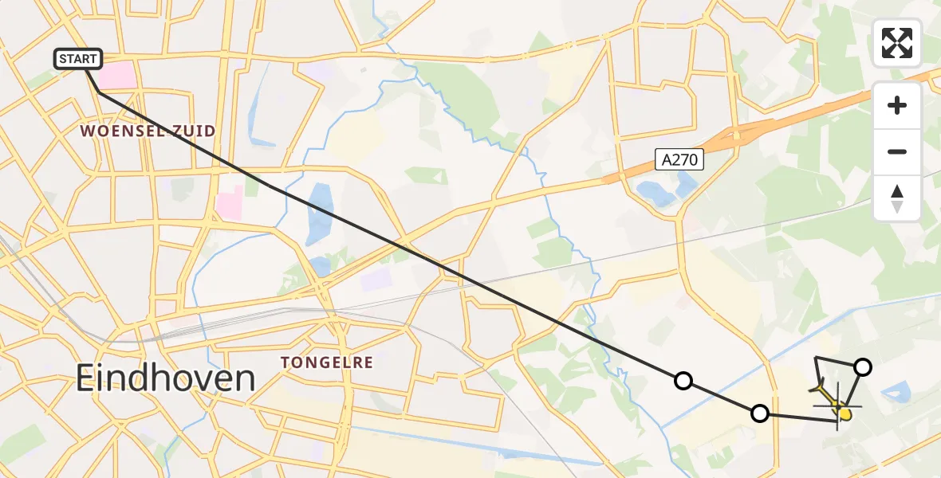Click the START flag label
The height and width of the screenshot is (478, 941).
click(x=78, y=58)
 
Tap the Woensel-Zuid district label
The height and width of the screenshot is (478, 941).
click(x=148, y=131)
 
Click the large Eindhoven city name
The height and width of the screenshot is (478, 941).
click(x=165, y=378)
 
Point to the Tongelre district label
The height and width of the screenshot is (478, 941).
click(x=327, y=362)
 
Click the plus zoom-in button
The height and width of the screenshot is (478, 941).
click(x=897, y=105)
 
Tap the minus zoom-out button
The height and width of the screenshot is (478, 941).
click(x=897, y=151)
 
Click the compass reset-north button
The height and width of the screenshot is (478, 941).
click(x=897, y=198)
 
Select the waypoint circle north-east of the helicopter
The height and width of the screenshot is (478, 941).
click(x=863, y=366)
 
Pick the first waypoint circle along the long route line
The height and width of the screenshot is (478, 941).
click(x=683, y=381)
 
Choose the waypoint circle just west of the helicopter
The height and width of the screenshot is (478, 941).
click(x=760, y=413)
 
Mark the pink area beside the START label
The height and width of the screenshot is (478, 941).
click(x=117, y=76)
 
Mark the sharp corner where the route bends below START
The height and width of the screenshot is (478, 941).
click(x=99, y=93)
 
